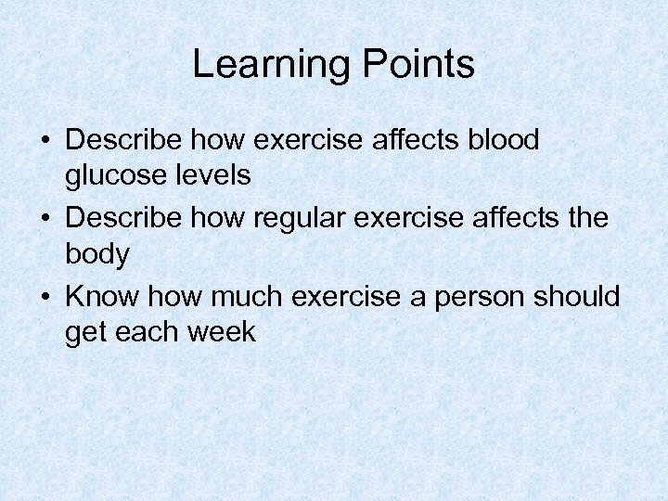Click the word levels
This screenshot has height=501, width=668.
219,174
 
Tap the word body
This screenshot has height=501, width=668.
97,254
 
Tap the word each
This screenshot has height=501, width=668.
148,331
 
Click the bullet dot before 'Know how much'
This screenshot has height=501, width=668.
45,297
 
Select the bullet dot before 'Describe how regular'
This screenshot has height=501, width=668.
45,219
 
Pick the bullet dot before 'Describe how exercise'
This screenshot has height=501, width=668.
45,141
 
